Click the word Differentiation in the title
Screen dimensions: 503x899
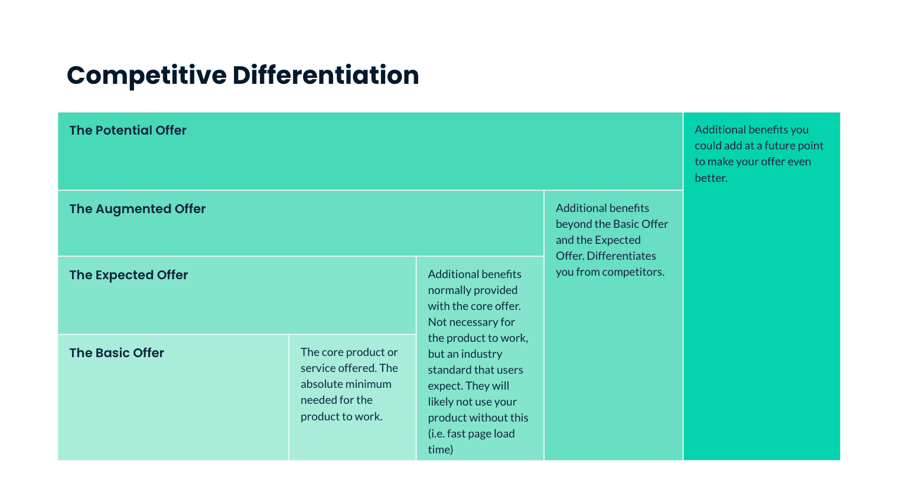click(x=325, y=76)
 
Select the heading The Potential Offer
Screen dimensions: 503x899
click(x=128, y=130)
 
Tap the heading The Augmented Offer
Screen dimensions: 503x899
click(x=137, y=209)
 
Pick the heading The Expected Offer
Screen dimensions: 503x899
click(x=128, y=275)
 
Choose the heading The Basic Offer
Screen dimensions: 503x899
click(x=116, y=353)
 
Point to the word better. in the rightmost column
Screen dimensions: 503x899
click(x=711, y=178)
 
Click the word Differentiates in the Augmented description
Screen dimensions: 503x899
click(x=621, y=256)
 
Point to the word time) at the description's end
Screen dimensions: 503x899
click(x=440, y=450)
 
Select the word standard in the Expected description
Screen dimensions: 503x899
click(x=451, y=370)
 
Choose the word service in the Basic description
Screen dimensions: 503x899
click(x=318, y=368)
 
